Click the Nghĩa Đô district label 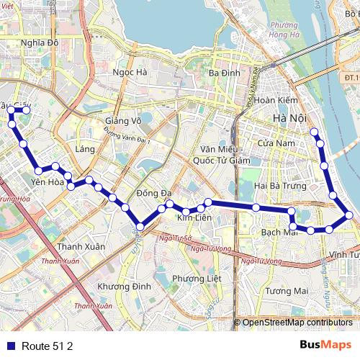(x=40, y=42)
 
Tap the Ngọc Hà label (x=130, y=72)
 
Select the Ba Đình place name (x=222, y=73)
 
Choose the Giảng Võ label (x=122, y=120)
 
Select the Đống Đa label (x=154, y=193)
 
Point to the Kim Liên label (x=193, y=217)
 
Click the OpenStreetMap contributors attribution (x=297, y=323)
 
